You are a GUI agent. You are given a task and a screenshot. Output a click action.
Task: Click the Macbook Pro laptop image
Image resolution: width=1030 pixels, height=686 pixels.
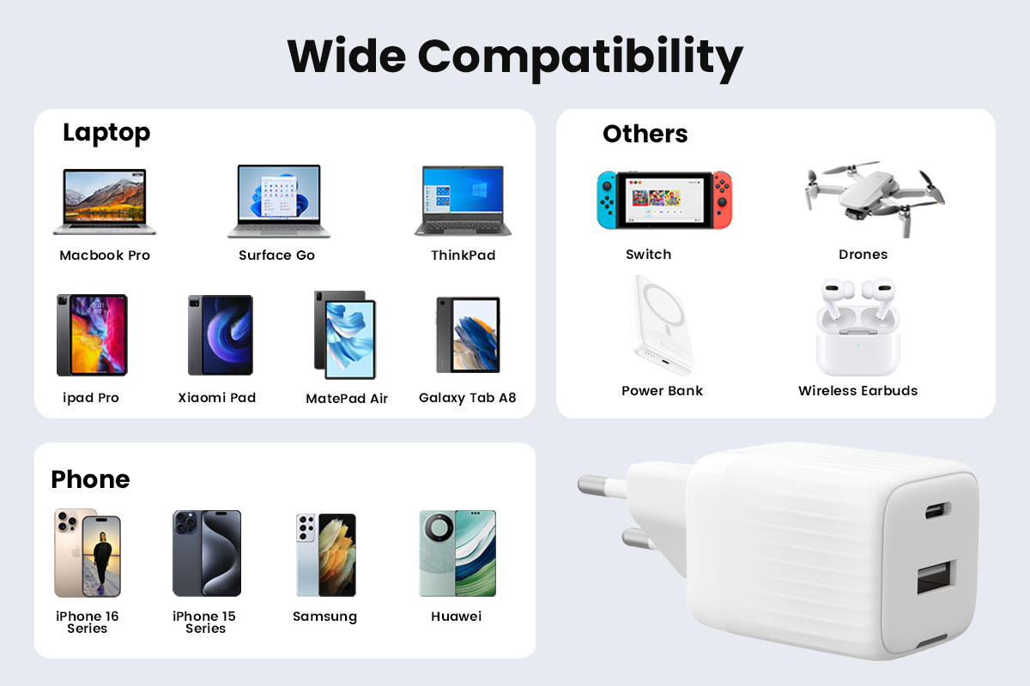(x=105, y=202)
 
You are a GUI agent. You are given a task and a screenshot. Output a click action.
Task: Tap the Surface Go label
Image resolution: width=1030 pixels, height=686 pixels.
(x=276, y=255)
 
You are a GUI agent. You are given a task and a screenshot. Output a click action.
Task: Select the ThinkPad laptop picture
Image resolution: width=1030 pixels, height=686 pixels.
(x=463, y=201)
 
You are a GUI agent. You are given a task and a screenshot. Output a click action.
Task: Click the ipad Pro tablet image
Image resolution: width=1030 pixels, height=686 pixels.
(x=92, y=335)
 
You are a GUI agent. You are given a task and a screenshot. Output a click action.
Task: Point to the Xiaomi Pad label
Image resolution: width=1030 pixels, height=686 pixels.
(x=216, y=397)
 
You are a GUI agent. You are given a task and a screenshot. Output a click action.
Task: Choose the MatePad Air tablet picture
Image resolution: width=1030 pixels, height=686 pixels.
(x=345, y=334)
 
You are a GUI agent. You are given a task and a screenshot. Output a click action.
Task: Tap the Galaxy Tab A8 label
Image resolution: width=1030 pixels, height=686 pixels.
(x=467, y=398)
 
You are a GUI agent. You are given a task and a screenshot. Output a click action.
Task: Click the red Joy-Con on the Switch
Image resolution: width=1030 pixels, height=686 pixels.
(x=723, y=200)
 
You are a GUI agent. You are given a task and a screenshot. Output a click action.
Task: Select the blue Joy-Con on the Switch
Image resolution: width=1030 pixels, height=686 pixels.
(x=607, y=200)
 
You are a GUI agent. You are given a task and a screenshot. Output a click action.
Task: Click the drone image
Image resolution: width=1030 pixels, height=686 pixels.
(x=874, y=198)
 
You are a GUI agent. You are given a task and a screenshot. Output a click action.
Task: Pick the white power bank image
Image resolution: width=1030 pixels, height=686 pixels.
(x=663, y=325)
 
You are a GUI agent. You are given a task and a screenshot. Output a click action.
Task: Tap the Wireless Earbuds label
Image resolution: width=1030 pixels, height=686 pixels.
(x=857, y=390)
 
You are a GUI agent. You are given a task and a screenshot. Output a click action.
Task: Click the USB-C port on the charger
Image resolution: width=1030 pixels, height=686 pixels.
(x=937, y=510)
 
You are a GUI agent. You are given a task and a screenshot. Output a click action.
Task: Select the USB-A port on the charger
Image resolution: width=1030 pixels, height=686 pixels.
(x=936, y=577)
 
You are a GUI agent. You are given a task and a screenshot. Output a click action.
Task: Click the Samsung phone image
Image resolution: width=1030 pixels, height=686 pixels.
(x=326, y=555)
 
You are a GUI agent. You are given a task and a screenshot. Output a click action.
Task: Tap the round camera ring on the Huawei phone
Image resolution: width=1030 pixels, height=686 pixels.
(x=439, y=529)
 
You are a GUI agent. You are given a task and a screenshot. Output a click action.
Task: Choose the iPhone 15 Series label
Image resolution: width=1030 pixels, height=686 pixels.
(x=204, y=623)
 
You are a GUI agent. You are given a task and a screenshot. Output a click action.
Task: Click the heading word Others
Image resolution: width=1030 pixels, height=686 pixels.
(x=645, y=134)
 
